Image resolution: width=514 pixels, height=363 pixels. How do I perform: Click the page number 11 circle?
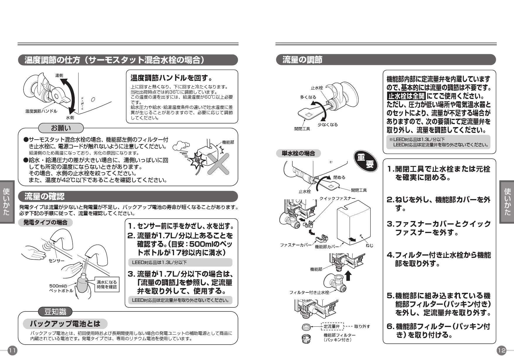(x=13, y=350)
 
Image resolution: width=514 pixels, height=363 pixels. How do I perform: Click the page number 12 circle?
(x=501, y=350)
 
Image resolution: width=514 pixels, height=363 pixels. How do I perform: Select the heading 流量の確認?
(x=44, y=196)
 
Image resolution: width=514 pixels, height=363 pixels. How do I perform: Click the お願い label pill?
(x=61, y=128)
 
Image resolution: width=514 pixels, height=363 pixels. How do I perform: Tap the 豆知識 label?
(x=55, y=312)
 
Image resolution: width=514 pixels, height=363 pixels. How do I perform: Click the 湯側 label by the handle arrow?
(x=59, y=76)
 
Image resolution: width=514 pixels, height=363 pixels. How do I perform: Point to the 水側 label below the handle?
(x=70, y=118)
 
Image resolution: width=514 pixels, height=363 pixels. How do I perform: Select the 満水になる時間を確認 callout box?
(x=107, y=284)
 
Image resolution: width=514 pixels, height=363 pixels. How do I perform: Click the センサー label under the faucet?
(x=56, y=260)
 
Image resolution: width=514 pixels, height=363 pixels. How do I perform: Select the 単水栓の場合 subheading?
(x=298, y=153)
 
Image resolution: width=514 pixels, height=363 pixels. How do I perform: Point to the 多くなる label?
(x=308, y=97)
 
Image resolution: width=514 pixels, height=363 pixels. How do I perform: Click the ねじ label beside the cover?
(x=370, y=245)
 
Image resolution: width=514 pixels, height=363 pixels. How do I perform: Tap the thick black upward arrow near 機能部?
(x=348, y=276)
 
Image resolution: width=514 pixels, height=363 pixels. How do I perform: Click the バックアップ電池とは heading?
(x=65, y=324)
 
